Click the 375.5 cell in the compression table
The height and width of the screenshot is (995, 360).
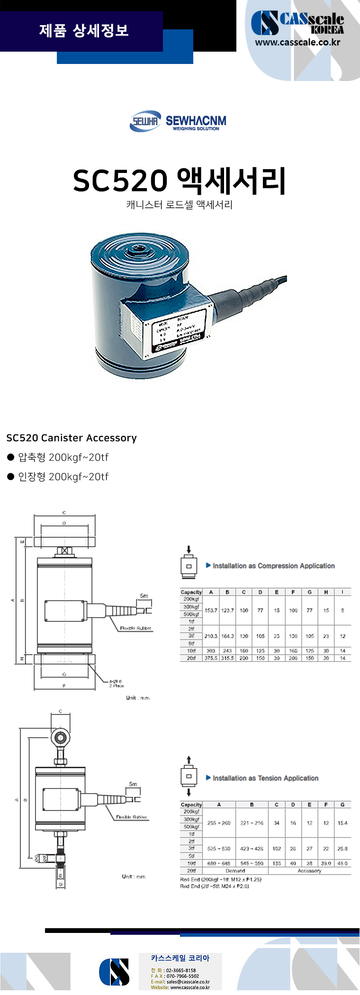coord(211,658)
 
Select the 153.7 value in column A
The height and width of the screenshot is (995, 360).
coord(211,610)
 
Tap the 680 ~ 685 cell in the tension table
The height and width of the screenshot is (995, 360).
coord(219,863)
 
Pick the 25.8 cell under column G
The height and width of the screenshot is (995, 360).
coord(342,849)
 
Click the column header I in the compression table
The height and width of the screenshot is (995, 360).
coord(342,592)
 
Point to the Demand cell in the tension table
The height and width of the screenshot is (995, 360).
coord(235,870)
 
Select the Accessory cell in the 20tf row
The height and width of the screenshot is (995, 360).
coord(309,870)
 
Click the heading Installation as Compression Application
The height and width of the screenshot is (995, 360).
coord(273,566)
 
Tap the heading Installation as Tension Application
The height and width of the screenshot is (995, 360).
coord(265,778)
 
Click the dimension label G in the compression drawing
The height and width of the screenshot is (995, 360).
coord(64,674)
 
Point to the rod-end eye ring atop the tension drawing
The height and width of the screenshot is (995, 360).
coord(60,737)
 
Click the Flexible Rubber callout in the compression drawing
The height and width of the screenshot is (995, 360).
coord(135,628)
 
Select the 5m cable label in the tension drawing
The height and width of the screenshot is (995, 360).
coord(133,784)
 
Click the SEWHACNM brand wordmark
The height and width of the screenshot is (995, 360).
coord(196,121)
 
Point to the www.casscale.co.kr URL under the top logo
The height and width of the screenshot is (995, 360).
coord(297,42)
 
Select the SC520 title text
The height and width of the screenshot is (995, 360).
coord(120,181)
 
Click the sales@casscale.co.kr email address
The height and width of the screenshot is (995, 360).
coord(188,982)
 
